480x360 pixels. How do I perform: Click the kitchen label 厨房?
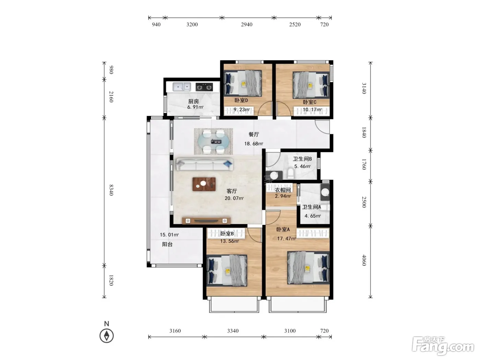click(x=193, y=101)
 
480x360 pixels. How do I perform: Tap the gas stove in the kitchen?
click(x=204, y=87)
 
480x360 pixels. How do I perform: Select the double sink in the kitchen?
click(x=181, y=87)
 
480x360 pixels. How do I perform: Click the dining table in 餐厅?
click(x=214, y=141)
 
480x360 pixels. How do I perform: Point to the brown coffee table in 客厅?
click(x=204, y=184)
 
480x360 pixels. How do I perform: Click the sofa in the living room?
click(x=204, y=164)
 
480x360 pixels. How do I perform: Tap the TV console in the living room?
click(x=206, y=220)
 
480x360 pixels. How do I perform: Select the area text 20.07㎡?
click(x=234, y=198)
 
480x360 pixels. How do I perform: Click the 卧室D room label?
click(x=241, y=100)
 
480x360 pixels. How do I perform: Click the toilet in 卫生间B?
click(x=290, y=173)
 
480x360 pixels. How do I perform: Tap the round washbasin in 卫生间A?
click(x=325, y=192)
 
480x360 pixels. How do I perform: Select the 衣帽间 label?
click(x=283, y=190)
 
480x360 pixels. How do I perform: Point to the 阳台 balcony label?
click(x=167, y=244)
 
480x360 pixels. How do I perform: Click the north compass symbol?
click(x=107, y=336)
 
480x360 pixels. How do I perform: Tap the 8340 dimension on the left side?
click(x=111, y=190)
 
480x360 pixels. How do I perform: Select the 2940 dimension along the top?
click(x=247, y=24)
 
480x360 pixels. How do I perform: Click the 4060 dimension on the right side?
click(x=364, y=260)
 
